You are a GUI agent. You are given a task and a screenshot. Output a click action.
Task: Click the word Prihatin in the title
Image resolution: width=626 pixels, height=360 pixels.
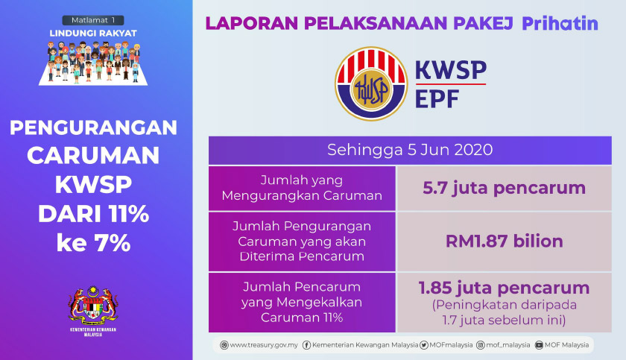(560, 23)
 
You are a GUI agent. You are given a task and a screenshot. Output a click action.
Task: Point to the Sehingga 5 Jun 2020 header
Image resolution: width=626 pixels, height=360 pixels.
(410, 149)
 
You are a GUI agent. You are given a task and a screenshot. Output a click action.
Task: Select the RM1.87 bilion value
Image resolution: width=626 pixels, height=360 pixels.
(504, 241)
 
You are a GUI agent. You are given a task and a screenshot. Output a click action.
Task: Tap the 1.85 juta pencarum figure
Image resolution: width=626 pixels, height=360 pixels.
(504, 288)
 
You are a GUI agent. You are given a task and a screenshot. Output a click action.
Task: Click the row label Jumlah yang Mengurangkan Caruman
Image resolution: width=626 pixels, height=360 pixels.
(301, 188)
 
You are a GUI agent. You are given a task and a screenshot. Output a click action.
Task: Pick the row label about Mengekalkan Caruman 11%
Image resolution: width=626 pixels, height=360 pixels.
(301, 302)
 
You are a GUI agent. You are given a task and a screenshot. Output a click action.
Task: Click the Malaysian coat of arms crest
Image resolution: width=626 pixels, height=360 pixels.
(94, 303)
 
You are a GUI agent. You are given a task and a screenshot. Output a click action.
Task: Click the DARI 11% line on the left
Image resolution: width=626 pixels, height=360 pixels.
(94, 215)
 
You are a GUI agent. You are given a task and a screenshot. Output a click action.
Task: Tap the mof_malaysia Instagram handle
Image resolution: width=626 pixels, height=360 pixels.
(505, 345)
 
